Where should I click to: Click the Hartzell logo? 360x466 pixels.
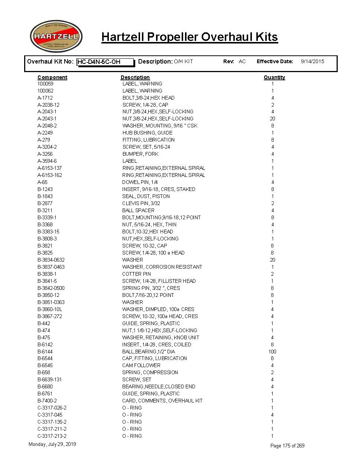click(x=56, y=36)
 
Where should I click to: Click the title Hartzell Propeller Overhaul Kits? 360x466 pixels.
click(x=189, y=37)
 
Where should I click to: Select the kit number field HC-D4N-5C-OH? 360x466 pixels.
click(x=105, y=62)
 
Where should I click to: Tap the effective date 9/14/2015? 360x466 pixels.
click(x=312, y=61)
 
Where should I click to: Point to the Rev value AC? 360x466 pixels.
click(x=242, y=61)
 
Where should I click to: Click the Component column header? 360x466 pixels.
click(x=52, y=77)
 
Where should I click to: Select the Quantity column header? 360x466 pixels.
click(x=274, y=77)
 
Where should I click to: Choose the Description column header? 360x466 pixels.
click(x=135, y=77)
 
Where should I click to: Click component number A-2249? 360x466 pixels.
click(x=45, y=133)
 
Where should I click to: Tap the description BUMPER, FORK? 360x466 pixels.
click(x=140, y=154)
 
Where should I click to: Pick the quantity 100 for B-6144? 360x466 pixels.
click(x=272, y=352)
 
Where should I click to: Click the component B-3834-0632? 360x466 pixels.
click(x=51, y=260)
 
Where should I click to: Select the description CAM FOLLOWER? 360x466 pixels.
click(x=141, y=365)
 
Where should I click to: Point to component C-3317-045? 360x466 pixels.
click(x=50, y=415)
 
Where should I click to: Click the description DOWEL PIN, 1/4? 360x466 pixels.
click(x=140, y=182)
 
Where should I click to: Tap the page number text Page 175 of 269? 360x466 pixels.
click(x=287, y=446)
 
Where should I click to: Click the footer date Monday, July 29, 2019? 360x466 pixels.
click(x=52, y=444)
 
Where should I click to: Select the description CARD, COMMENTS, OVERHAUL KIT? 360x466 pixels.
click(x=162, y=401)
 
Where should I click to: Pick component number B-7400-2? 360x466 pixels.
click(x=47, y=401)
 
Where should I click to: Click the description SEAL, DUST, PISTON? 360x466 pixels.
click(x=146, y=196)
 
